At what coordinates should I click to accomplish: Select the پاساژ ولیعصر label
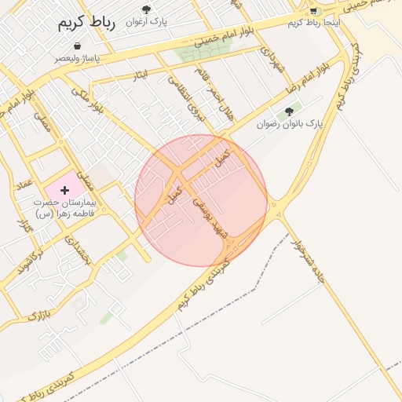click(x=77, y=58)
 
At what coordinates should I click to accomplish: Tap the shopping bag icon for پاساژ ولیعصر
click(x=77, y=46)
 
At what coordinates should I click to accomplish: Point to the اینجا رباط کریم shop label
click(x=315, y=22)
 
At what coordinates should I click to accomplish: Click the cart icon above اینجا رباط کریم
click(x=314, y=10)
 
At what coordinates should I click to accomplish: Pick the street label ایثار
click(x=141, y=75)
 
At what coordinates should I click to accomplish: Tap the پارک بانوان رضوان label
click(x=289, y=124)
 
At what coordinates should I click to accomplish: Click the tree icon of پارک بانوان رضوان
click(x=290, y=111)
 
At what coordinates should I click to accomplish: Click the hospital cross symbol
click(x=64, y=190)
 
